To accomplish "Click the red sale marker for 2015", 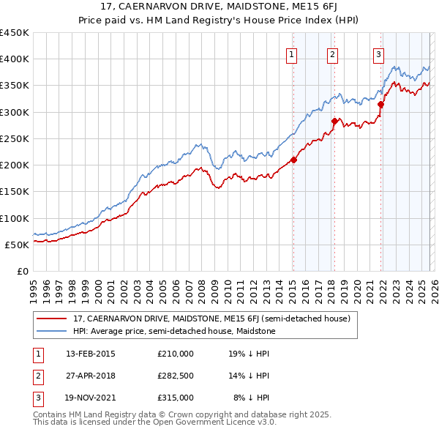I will click(x=293, y=160).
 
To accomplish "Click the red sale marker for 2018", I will click(x=334, y=121).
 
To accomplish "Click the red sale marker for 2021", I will click(x=380, y=104).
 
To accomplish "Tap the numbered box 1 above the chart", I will click(x=291, y=53).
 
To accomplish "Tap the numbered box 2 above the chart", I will click(x=332, y=53).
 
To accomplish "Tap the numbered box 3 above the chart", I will click(x=378, y=53).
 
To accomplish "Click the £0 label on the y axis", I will click(x=22, y=271).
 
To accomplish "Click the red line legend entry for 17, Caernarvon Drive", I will click(x=212, y=319).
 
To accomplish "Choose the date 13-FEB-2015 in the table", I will click(x=91, y=354).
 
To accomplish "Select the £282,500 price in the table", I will click(x=176, y=376).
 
